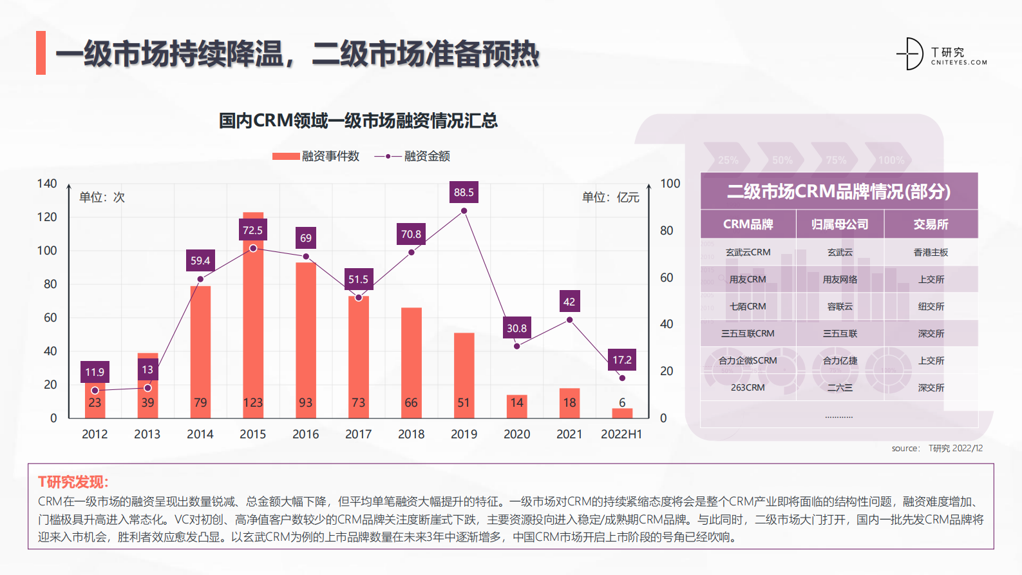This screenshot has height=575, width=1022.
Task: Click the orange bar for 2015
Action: pos(253,322)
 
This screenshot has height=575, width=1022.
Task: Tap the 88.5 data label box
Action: pos(464,192)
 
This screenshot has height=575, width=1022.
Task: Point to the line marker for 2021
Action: pos(569,320)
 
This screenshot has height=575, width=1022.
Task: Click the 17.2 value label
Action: pos(622,360)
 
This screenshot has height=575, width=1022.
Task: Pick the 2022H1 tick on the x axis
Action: pos(621,434)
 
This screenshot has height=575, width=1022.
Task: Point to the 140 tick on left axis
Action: pos(47,184)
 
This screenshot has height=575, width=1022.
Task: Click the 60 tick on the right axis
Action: pos(667,278)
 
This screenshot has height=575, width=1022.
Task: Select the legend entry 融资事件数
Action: pos(316,156)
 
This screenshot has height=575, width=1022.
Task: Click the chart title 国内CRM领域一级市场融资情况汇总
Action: pos(358,121)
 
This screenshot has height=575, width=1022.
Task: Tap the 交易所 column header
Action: pos(931,224)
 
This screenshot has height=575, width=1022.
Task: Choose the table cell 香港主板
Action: pos(931,252)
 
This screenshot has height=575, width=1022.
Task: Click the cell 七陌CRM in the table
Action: pos(748,306)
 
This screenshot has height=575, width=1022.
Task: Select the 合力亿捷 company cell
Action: pos(840,360)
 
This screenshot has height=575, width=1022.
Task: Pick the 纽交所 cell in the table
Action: pos(931,306)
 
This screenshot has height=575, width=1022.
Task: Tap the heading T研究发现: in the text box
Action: pos(73,482)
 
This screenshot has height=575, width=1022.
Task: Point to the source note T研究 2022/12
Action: pos(955,448)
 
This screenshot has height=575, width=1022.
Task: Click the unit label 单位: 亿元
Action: pos(610,197)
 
